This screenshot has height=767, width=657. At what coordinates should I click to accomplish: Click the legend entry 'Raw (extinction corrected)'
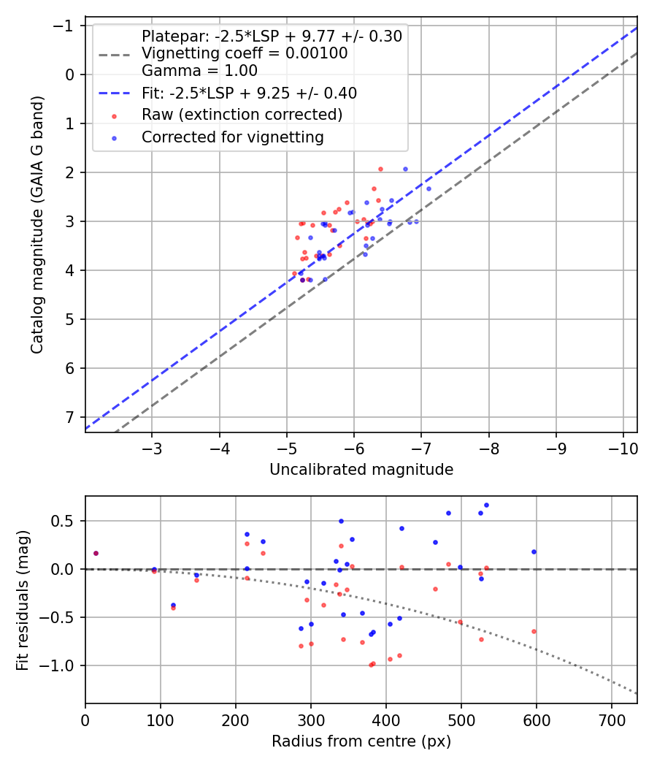242,115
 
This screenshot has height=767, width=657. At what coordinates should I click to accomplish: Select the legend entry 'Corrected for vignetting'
233,137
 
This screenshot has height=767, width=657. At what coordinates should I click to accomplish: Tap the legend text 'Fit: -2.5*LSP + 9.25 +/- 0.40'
250,93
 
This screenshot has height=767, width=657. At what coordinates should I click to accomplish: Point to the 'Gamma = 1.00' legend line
199,70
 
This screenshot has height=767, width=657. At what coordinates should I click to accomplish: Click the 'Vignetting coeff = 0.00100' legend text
245,53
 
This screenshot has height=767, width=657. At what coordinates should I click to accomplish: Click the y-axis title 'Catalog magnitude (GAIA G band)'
37,224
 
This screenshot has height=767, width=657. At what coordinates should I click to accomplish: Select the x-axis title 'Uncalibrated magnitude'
361,470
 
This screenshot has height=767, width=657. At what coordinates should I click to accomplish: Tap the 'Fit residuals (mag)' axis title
23,600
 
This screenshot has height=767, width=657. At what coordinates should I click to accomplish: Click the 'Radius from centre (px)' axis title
361,741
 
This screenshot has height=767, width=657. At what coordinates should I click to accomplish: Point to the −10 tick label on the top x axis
623,449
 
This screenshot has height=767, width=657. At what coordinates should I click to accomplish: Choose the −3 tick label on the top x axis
152,449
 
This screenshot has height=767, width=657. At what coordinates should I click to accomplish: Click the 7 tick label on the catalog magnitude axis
70,417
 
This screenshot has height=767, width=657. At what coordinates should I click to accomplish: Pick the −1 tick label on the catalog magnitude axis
64,26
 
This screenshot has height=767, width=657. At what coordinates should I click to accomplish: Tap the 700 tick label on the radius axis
612,720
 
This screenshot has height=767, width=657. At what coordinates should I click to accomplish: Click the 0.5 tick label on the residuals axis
63,521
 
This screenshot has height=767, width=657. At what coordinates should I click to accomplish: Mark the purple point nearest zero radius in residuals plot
96,553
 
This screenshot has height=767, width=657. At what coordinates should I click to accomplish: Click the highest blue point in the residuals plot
486,505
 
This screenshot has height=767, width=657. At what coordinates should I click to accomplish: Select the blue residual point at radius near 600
534,552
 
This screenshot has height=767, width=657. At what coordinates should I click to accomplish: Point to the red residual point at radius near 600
534,632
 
